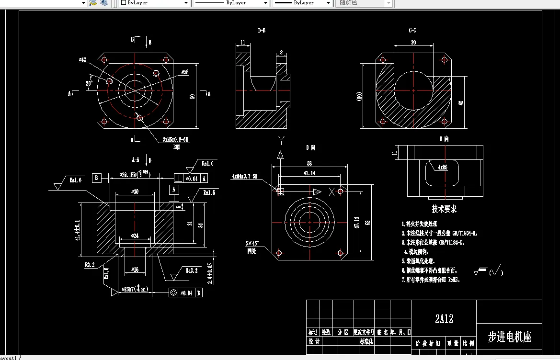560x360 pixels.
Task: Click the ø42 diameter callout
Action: pos(82,60)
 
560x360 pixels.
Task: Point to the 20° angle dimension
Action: pos(89,82)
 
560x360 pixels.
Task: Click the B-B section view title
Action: pos(262,31)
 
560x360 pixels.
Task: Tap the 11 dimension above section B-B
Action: pos(243,43)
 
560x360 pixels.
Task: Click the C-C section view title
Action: pos(412,31)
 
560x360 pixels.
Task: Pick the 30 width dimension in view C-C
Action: pos(413,43)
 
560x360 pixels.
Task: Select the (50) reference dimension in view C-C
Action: pos(359,96)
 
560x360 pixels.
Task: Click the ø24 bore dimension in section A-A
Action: pos(135,236)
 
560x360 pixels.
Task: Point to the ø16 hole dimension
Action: pos(135,270)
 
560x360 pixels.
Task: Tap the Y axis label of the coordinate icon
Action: pos(282,140)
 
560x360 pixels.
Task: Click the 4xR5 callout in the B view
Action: pos(442,168)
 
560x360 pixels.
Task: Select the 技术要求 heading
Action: pos(444,209)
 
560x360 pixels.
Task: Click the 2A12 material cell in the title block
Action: pos(444,318)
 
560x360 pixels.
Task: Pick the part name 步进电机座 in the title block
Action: pos(510,337)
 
